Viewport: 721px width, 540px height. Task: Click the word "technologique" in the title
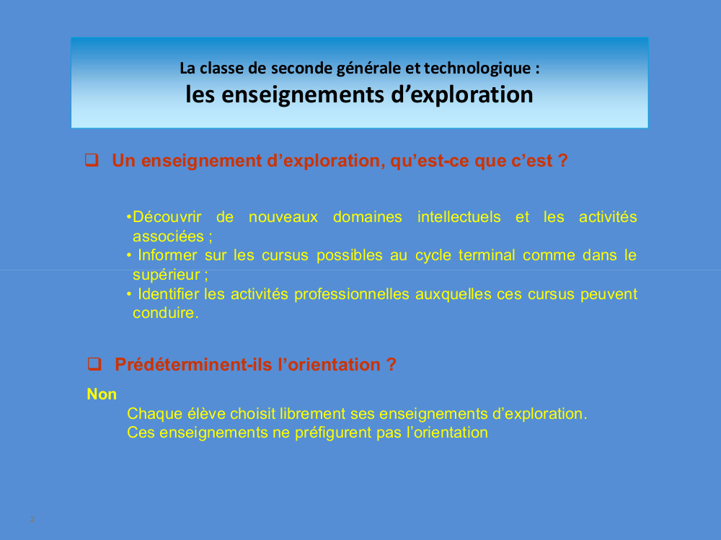coord(477,68)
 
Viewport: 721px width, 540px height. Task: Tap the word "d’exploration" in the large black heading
coord(462,94)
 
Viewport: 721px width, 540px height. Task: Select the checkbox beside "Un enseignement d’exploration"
coord(92,160)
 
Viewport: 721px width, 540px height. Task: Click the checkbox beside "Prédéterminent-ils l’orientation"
coord(94,364)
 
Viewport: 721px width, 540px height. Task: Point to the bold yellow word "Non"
coord(102,394)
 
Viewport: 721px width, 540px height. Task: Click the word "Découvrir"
coord(167,216)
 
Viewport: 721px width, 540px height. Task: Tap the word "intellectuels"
coord(459,216)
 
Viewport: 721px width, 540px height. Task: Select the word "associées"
coord(168,236)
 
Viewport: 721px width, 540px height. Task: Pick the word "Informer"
coord(167,255)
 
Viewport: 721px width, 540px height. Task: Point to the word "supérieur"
coord(166,275)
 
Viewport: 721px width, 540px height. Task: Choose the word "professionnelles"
coord(351,294)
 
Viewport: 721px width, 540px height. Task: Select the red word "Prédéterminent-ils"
coord(195,365)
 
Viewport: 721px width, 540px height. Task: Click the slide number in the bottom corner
coord(32,519)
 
